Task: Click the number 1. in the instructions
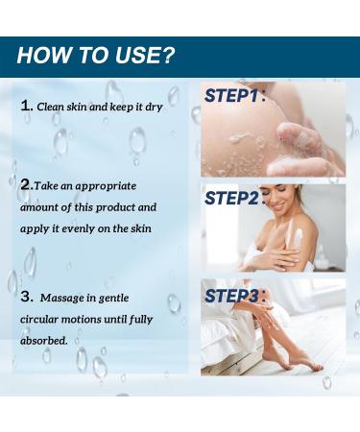tap(27, 107)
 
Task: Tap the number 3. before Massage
tap(27, 298)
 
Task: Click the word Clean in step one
tap(50, 107)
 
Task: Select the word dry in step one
tap(152, 107)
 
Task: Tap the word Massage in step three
tap(61, 299)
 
